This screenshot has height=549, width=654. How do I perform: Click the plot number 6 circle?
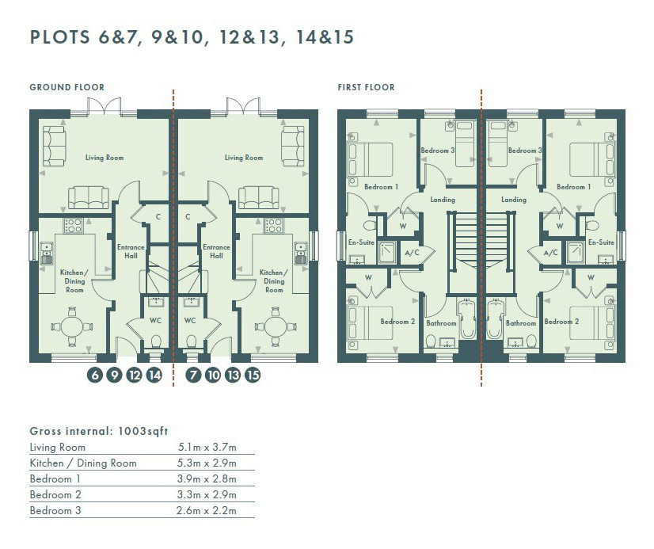95,375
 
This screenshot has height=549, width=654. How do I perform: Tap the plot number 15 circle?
253,375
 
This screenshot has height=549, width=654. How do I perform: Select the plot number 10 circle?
213,375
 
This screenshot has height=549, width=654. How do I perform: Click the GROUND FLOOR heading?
67,87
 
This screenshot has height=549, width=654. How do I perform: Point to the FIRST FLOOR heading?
366,87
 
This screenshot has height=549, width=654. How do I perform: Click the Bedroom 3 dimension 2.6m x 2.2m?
207,510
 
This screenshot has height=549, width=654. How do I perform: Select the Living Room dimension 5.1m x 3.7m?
207,448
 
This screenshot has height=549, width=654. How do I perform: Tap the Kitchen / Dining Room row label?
83,463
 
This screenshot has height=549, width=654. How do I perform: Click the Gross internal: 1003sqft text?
99,431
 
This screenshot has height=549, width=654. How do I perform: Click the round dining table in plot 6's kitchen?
72,326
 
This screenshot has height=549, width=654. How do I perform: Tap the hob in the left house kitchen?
73,226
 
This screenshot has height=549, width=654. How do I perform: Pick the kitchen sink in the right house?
301,254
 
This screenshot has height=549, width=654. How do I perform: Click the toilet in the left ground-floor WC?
155,342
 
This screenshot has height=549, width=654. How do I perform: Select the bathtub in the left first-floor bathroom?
466,318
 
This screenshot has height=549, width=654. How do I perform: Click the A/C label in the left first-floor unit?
412,253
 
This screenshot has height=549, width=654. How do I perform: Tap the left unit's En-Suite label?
361,242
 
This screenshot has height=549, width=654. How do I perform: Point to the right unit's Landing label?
513,200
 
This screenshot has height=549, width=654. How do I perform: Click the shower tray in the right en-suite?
575,253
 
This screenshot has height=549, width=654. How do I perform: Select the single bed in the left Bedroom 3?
465,143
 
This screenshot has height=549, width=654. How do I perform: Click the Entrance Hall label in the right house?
216,252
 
